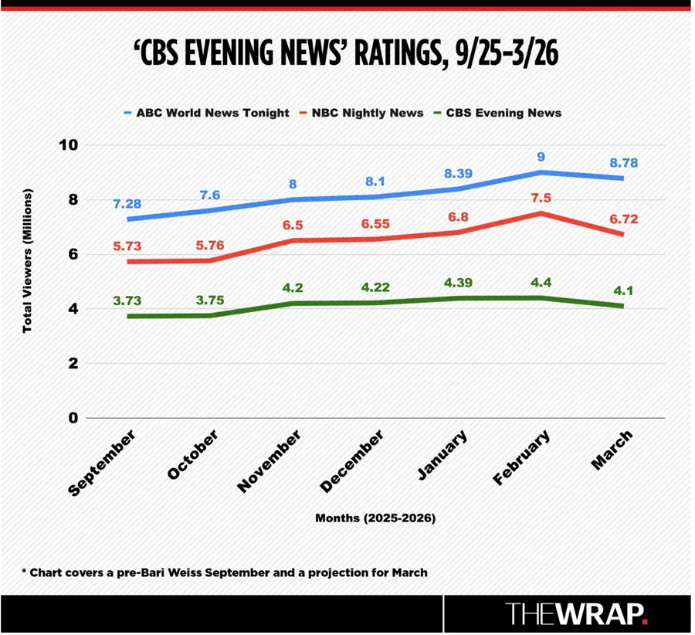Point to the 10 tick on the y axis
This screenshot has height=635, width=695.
(x=70, y=145)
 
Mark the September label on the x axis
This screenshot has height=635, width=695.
(x=103, y=464)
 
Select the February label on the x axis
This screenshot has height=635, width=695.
(x=521, y=458)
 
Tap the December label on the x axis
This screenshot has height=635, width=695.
(x=351, y=462)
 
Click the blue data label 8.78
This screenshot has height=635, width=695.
(x=623, y=163)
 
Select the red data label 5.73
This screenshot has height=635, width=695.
(x=127, y=246)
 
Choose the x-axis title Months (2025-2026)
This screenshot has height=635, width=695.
(x=375, y=518)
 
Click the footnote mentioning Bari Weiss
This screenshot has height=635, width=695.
(x=224, y=572)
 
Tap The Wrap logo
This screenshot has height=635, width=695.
(x=577, y=614)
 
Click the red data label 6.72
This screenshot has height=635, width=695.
(x=623, y=219)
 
